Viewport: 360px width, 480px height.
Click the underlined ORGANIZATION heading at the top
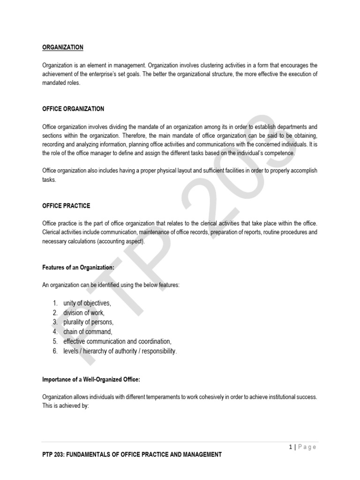(x=63, y=47)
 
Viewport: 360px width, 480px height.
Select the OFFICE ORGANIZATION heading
(x=73, y=109)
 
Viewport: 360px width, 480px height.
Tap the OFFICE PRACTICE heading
(x=66, y=206)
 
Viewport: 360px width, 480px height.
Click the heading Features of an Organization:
(x=78, y=267)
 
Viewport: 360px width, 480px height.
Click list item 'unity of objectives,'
(x=87, y=303)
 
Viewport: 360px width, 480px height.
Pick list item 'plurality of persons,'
(x=88, y=322)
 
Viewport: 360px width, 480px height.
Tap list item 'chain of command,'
(x=88, y=331)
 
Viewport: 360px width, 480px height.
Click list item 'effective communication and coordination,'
(x=117, y=341)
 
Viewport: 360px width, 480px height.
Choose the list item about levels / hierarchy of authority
(x=120, y=351)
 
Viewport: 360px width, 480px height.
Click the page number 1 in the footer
(x=291, y=447)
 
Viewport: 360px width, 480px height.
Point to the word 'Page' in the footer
(x=307, y=447)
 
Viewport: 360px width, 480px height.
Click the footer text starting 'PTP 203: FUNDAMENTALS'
(x=132, y=454)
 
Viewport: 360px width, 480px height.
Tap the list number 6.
(x=55, y=351)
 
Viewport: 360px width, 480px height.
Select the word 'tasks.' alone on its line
(x=49, y=180)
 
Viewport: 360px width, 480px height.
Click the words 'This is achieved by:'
(x=66, y=406)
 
